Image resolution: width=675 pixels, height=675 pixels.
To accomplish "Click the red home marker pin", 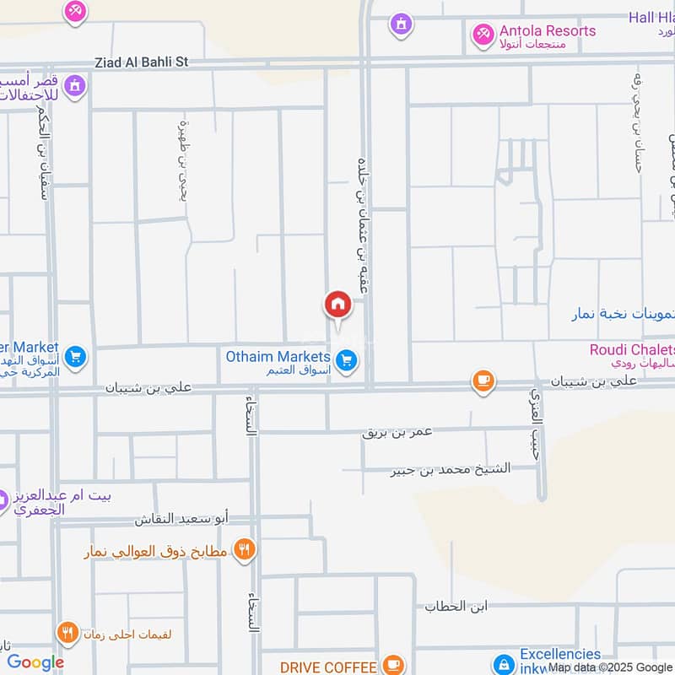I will [x=337, y=305].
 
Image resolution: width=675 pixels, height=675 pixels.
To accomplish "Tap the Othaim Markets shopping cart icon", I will [x=346, y=361].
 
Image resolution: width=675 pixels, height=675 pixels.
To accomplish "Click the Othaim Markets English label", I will [x=278, y=357].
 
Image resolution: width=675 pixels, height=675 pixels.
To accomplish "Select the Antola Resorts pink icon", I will [x=483, y=34].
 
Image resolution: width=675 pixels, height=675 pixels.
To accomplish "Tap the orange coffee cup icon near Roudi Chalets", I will [x=483, y=381].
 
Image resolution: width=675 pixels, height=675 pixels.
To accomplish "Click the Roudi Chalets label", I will [x=633, y=349].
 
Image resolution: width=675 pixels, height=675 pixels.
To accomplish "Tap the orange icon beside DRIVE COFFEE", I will [x=391, y=666].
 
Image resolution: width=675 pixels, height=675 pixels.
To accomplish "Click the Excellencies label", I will [x=560, y=654].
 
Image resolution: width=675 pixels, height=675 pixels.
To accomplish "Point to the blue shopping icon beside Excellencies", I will [x=504, y=664].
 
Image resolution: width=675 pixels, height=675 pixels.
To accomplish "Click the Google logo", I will [x=35, y=662].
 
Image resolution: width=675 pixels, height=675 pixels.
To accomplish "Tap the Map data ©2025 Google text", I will [x=609, y=667].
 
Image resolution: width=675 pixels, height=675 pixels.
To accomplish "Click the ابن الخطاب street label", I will [x=446, y=607].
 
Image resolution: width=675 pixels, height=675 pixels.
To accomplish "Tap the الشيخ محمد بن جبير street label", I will [x=451, y=470].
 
